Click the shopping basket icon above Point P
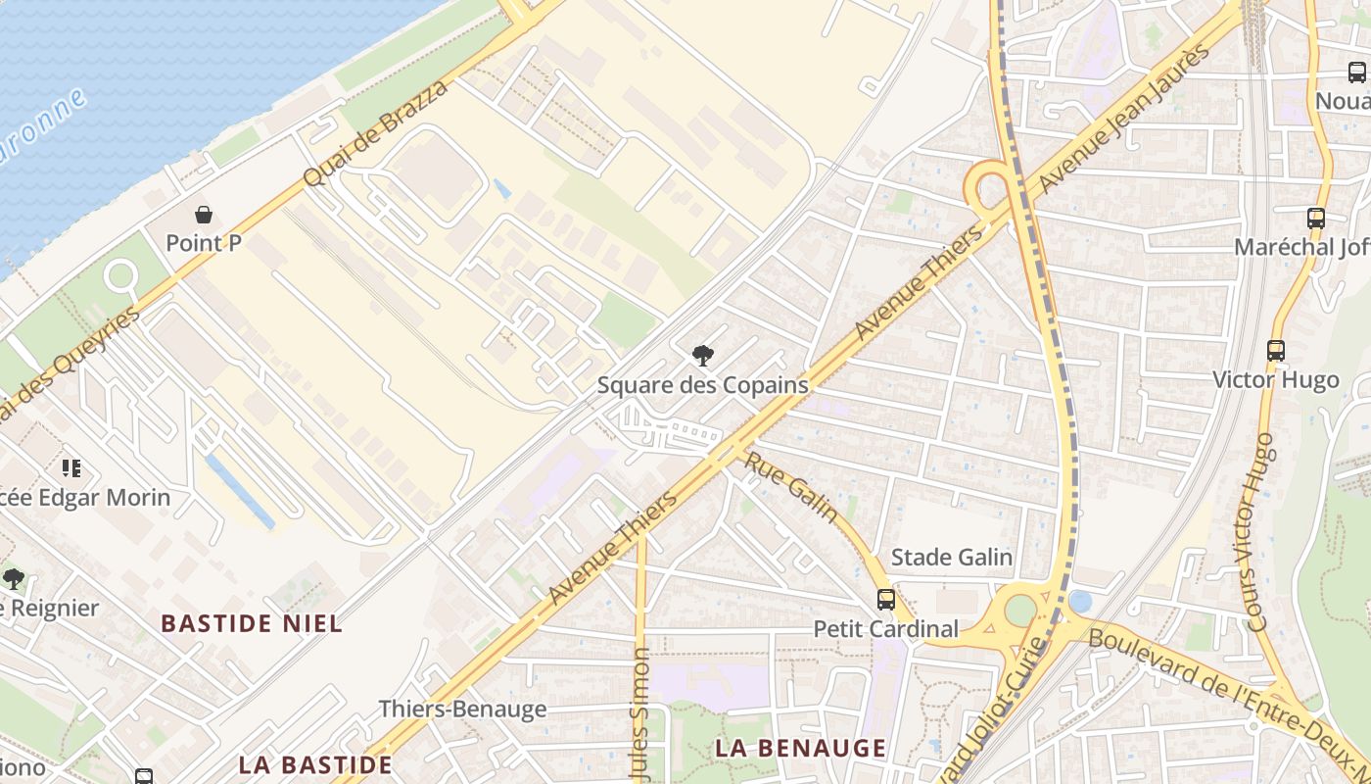pos(204,215)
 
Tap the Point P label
pos(204,243)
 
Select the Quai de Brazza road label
pos(377,133)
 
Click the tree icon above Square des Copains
pos(702,356)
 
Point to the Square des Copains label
pos(702,385)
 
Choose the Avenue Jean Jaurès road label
pos(1124,120)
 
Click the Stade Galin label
pos(951,558)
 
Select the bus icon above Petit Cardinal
pos(886,600)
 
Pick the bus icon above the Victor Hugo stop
pos(1275,350)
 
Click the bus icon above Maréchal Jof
pos(1315,219)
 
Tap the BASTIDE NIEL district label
pos(252,623)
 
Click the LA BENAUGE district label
pos(800,748)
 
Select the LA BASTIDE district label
pos(315,764)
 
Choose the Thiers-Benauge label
pos(462,709)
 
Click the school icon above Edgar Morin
pos(71,468)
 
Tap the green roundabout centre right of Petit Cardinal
pos(1019,610)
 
